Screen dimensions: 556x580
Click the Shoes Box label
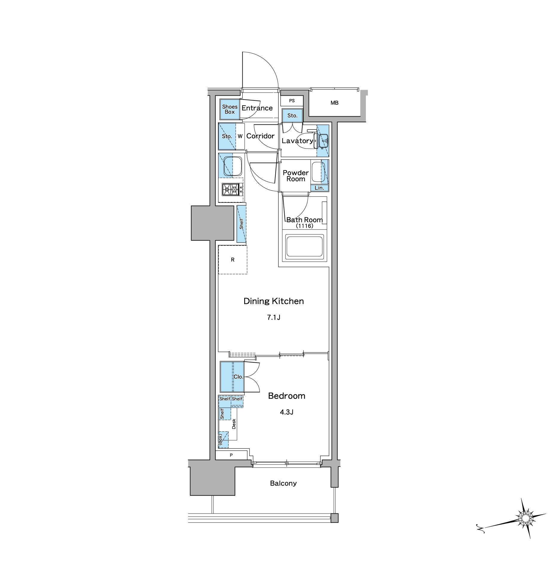(x=230, y=109)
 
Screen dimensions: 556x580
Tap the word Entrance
(x=257, y=108)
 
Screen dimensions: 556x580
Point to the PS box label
(x=292, y=101)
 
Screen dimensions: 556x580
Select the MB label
(x=334, y=103)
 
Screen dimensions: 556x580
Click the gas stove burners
(x=232, y=189)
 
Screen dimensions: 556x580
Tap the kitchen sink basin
(x=233, y=166)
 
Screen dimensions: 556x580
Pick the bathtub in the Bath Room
(x=304, y=247)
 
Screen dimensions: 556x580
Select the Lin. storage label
(x=319, y=188)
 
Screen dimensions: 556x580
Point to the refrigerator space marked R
(x=233, y=260)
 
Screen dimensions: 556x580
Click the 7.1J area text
(x=274, y=317)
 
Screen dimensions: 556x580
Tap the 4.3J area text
(x=286, y=412)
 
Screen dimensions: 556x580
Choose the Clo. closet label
(x=238, y=377)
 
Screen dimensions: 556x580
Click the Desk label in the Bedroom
(x=234, y=424)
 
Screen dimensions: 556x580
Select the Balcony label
(x=283, y=483)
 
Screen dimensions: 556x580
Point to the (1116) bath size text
(x=305, y=226)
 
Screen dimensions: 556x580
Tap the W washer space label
(x=240, y=136)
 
